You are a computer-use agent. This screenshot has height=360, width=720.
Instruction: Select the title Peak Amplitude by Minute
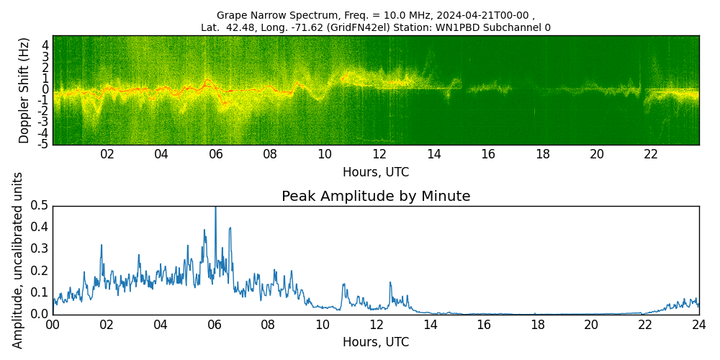[x=376, y=197]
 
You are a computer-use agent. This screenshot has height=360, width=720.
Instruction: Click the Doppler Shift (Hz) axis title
[x=24, y=90]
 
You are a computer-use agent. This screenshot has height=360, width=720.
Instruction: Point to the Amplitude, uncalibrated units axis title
[x=19, y=260]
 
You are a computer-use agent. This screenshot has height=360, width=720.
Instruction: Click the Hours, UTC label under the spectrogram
[x=376, y=172]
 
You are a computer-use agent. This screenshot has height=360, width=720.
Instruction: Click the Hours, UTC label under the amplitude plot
[x=376, y=342]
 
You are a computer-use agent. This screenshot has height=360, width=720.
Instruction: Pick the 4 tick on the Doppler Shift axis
[x=45, y=45]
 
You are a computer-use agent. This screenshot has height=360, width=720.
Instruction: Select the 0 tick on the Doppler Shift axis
[x=45, y=89]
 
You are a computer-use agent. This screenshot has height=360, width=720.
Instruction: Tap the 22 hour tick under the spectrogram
[x=651, y=154]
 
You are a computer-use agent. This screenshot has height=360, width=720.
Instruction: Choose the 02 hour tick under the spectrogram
[x=107, y=154]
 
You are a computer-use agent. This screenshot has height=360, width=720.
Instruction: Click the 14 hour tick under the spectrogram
[x=433, y=154]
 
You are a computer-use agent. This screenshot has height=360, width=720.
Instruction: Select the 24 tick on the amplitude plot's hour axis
[x=699, y=324]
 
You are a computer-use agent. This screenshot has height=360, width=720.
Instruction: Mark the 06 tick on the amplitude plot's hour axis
[x=215, y=324]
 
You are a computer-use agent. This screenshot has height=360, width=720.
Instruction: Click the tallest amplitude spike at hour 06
[x=215, y=209]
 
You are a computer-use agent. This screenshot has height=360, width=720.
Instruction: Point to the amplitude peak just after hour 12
[x=390, y=282]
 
